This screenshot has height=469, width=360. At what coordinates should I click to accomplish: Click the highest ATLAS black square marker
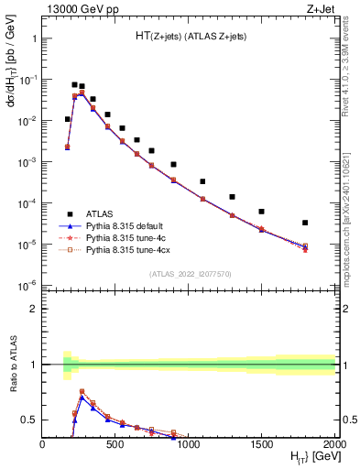[x=74, y=84]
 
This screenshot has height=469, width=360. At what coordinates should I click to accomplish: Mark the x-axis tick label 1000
[x=189, y=446]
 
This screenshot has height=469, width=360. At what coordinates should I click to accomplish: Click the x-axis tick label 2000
[x=334, y=446]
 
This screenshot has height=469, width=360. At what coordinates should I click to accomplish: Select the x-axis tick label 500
[x=115, y=446]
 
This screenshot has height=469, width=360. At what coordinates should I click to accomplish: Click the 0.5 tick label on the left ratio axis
[x=27, y=420]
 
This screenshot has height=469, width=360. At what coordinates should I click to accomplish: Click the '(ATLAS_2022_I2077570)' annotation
[x=189, y=273]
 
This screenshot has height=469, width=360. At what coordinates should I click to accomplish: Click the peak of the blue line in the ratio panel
[x=82, y=397]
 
